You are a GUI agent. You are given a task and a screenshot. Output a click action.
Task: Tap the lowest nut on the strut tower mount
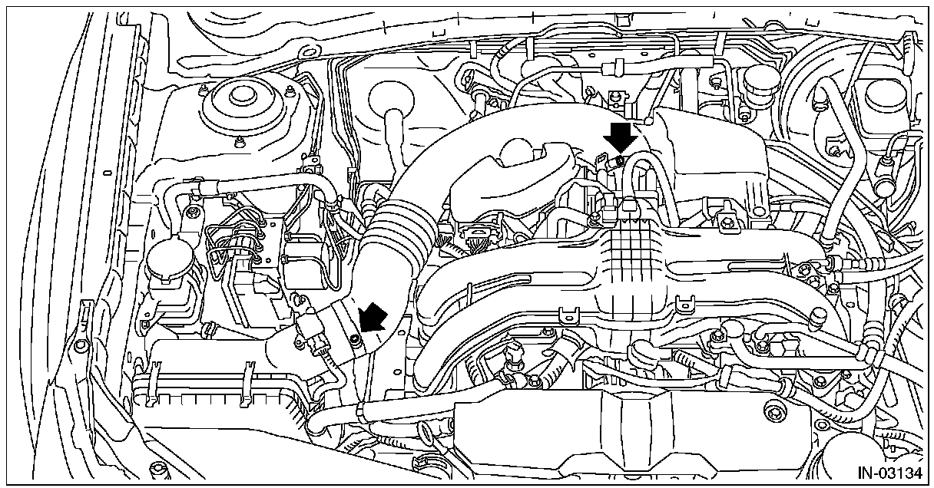(240, 141)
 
